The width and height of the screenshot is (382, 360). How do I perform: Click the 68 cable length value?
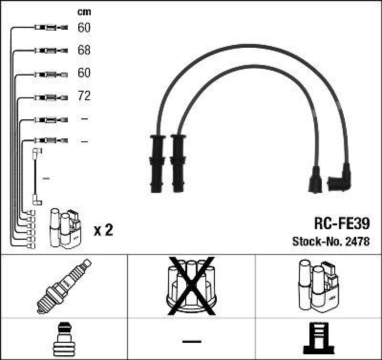[84, 50]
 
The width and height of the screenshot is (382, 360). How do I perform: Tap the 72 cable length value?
[84, 96]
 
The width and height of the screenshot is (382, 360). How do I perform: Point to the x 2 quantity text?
[103, 231]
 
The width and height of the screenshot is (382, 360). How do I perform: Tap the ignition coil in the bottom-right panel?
[318, 285]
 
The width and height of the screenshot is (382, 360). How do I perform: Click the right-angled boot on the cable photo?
[340, 179]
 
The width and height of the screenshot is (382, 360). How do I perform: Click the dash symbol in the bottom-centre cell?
[191, 341]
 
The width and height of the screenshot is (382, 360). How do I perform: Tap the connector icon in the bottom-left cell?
[64, 339]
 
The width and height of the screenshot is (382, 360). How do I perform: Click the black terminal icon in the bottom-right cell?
[318, 339]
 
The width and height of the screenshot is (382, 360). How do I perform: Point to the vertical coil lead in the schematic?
[36, 177]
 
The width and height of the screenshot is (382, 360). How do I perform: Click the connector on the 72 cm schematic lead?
[50, 97]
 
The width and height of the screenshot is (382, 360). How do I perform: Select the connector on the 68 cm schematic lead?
[50, 50]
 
